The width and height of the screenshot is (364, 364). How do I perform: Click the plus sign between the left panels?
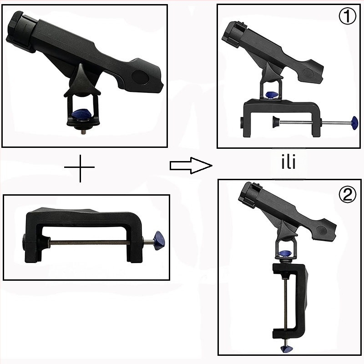click(x=80, y=167)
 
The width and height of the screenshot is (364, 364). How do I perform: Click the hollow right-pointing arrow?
click(x=191, y=166)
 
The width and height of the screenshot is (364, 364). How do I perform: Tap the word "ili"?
click(x=288, y=162)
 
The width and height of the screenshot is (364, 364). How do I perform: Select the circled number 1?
click(x=347, y=16)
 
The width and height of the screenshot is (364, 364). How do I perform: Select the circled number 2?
click(x=348, y=195)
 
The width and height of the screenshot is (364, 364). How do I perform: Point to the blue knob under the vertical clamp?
click(x=286, y=349)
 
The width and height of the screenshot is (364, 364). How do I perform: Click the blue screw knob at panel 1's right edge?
click(x=354, y=122)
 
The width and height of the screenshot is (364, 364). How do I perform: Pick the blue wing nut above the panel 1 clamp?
click(x=272, y=95)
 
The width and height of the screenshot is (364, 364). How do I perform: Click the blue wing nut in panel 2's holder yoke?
click(x=285, y=253)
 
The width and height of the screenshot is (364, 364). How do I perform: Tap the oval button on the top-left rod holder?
click(x=141, y=77)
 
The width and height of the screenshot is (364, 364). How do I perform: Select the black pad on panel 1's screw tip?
click(x=276, y=122)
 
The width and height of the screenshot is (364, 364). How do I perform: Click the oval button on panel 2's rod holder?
click(x=322, y=230)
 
